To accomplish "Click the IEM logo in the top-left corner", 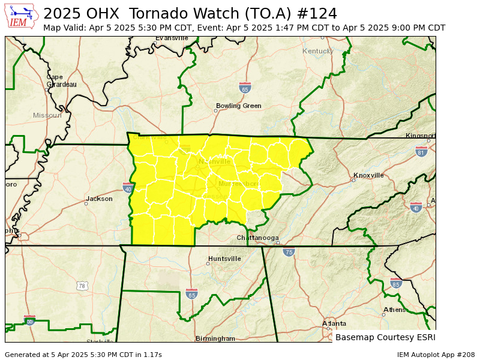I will [22, 16].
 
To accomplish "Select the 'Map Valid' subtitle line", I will [244, 28].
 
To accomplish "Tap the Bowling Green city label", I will [238, 106].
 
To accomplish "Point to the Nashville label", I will [214, 161].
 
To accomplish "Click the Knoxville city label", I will [368, 175].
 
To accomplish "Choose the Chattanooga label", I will [257, 238].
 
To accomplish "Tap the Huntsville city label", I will [224, 259].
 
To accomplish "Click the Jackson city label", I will [99, 199].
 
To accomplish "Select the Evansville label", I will [172, 38].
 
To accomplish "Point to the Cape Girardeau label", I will [61, 81].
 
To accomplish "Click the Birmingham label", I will [215, 338].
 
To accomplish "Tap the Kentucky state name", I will [317, 51].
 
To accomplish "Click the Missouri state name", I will [47, 115].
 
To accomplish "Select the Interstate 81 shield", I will [421, 152].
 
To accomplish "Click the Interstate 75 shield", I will [289, 252].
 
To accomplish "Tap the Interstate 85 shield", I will [395, 283].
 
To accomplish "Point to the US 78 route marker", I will [82, 286].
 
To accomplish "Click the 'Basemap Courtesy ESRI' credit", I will [385, 337].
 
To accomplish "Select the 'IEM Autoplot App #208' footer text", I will [436, 355].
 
